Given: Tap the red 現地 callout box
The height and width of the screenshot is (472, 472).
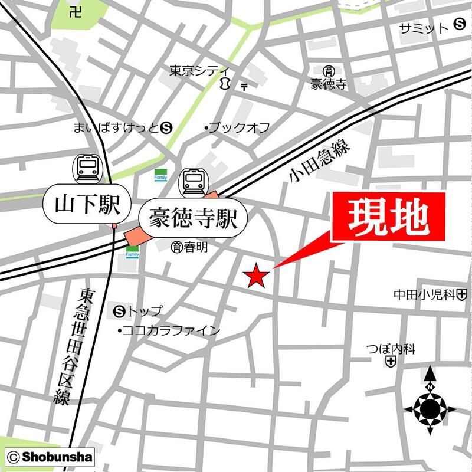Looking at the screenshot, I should tap(387, 217).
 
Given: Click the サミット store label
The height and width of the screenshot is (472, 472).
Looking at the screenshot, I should tap(424, 28).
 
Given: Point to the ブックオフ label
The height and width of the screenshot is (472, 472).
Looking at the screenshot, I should tap(237, 127).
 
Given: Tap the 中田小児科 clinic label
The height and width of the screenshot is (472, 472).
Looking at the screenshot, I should tap(424, 293).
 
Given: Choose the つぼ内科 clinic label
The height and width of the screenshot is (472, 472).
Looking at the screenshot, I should tap(390, 349).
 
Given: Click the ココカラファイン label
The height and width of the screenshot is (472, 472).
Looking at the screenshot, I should tap(169, 330).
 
